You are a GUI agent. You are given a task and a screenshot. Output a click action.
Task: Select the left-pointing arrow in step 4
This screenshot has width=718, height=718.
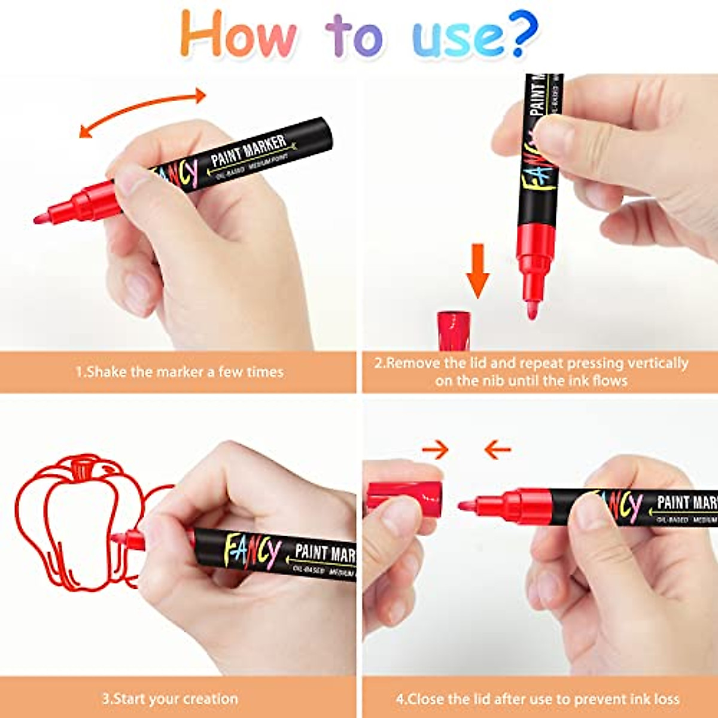[x=497, y=449]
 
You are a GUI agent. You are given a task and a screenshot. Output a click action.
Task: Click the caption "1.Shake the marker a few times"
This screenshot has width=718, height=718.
[x=179, y=372]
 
